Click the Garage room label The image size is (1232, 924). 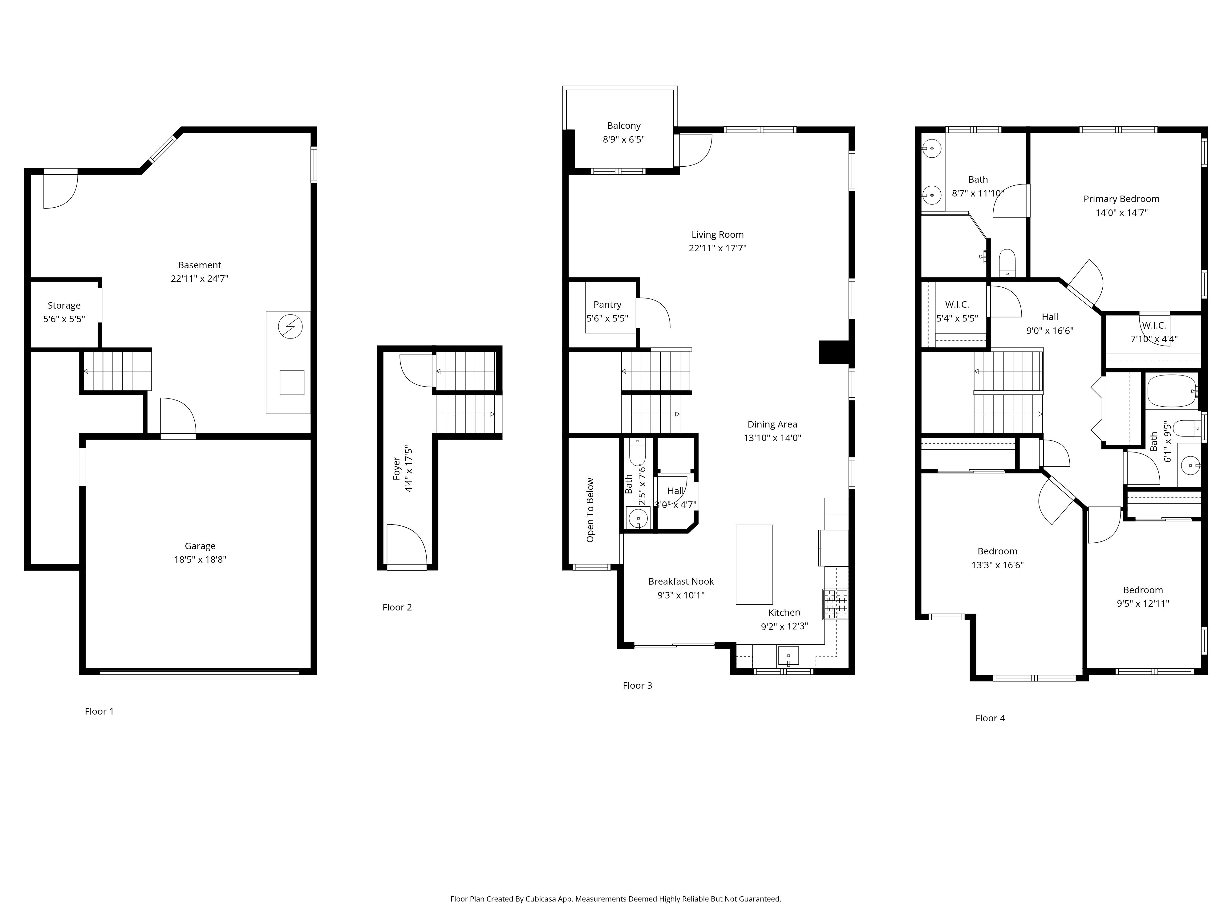(x=200, y=546)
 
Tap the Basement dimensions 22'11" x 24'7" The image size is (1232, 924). (x=199, y=278)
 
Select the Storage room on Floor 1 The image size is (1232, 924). (x=64, y=312)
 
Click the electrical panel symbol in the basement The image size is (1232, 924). (x=290, y=327)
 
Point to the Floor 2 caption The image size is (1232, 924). (x=397, y=607)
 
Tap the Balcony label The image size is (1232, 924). (x=624, y=126)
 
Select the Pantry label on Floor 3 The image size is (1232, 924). (x=607, y=305)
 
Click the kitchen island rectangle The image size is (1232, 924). (x=754, y=564)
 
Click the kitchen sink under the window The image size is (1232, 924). (x=788, y=655)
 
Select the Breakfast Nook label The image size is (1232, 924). (x=681, y=582)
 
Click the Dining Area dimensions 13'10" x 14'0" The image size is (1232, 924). (x=772, y=438)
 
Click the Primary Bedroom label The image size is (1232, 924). (x=1121, y=199)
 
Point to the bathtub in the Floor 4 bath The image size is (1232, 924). (x=1171, y=391)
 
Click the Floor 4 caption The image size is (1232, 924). (x=990, y=718)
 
